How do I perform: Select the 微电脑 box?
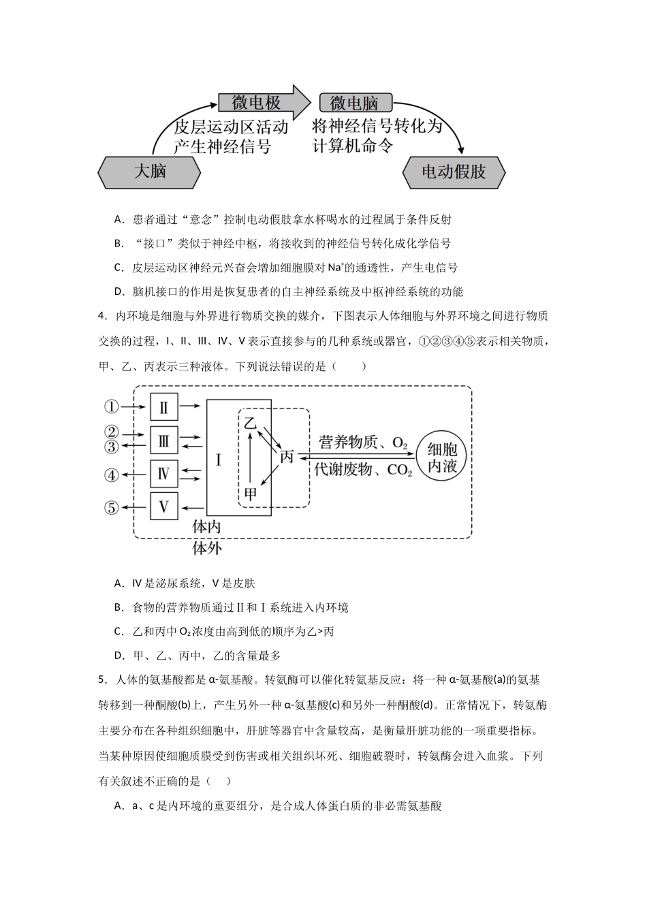[x=355, y=103]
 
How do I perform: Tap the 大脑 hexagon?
[x=150, y=172]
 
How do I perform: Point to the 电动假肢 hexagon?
[x=454, y=172]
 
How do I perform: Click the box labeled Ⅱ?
[x=163, y=407]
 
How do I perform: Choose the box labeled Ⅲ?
[x=163, y=440]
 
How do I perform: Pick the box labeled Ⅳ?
[x=163, y=473]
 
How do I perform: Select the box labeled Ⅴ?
[x=163, y=507]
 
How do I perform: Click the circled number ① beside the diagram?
[x=112, y=407]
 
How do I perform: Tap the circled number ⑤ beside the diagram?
[x=112, y=507]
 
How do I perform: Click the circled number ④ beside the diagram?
[x=112, y=475]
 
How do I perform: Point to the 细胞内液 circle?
[x=446, y=458]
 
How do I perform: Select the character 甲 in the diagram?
[x=251, y=493]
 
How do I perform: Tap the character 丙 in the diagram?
[x=287, y=457]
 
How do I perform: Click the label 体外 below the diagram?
[x=207, y=548]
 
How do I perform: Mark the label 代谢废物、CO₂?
[x=363, y=470]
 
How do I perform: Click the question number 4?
[x=101, y=316]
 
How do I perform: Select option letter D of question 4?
[x=119, y=656]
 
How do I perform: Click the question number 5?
[x=101, y=680]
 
